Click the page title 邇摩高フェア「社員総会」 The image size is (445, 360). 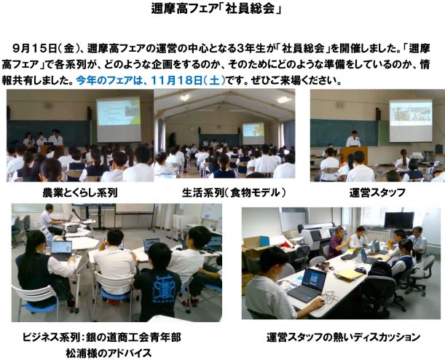coord(216,9)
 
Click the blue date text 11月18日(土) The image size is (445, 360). coord(188,81)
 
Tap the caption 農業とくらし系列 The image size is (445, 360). coord(79,193)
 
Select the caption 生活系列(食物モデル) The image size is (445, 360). coord(234,193)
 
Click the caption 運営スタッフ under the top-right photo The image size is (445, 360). coord(377,193)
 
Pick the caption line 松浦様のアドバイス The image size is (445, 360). coord(109,353)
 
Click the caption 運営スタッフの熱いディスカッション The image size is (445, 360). coord(343,337)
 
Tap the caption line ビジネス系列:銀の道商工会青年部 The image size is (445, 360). coord(102,337)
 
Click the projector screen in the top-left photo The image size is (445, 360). coord(119,120)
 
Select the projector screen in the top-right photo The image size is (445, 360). coord(411,120)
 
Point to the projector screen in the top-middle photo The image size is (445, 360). coord(253,133)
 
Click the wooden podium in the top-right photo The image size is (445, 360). coord(354,154)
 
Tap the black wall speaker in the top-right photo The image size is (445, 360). coord(378,114)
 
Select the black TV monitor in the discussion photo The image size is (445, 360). coord(399,220)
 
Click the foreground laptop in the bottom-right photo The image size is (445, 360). coord(307,285)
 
